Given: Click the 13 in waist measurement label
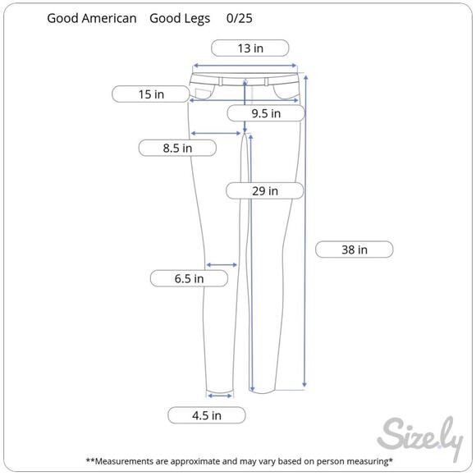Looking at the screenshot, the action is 249,48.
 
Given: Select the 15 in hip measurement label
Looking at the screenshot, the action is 151,94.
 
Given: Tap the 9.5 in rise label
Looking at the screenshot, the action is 266,113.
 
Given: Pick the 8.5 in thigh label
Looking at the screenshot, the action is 177,149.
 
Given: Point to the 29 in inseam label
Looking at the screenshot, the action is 265,191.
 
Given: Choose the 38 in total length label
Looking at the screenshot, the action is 355,249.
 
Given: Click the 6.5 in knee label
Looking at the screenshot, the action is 189,278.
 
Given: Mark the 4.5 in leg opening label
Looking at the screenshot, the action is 207,415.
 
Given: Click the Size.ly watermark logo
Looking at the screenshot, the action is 420,437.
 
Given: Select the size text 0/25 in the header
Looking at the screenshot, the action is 239,18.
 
